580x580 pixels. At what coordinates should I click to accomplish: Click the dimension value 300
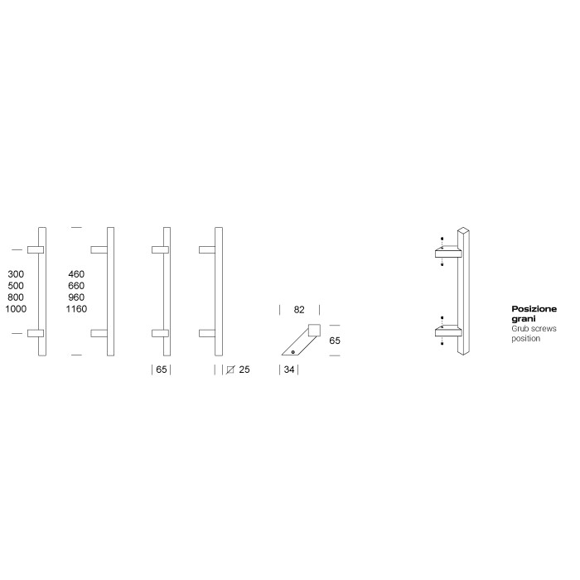click(16, 274)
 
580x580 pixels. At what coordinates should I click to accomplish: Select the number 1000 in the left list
click(16, 309)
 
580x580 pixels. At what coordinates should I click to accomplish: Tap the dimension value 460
click(76, 274)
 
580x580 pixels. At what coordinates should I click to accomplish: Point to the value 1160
click(76, 309)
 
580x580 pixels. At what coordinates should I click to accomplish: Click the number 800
click(16, 297)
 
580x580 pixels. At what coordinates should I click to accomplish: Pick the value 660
click(76, 286)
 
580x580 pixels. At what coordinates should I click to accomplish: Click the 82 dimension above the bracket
click(299, 310)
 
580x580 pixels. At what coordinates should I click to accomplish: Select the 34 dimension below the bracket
click(289, 370)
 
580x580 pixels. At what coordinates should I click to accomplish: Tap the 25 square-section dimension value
click(244, 370)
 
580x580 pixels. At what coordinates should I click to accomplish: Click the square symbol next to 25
click(230, 370)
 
